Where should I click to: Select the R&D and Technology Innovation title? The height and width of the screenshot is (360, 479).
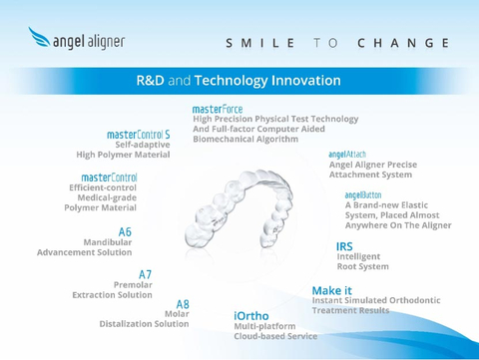[x=239, y=80]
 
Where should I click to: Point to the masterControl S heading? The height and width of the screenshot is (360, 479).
[x=139, y=134]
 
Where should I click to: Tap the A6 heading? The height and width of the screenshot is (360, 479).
[x=125, y=231]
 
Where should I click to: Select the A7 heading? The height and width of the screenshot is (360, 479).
[x=145, y=274]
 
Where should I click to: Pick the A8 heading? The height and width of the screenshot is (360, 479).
[x=183, y=303]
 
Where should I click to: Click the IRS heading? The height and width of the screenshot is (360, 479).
[x=344, y=245]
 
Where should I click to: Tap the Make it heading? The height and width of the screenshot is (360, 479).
[x=331, y=290]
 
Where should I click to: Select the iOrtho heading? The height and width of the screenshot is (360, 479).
[x=251, y=316]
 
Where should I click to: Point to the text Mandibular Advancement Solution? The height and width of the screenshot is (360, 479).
[x=85, y=247]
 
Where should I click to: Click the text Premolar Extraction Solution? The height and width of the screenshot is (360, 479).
[x=112, y=290]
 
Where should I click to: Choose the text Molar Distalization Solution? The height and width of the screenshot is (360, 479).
[x=144, y=319]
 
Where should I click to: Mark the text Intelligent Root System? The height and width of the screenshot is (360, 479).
[x=362, y=262]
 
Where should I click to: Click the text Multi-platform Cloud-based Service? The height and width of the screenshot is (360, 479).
[x=275, y=331]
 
